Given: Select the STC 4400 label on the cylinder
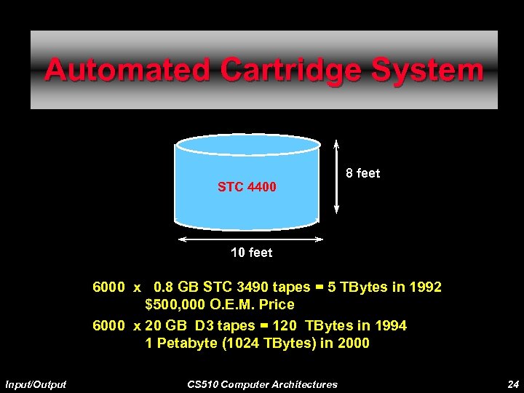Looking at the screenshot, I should (x=247, y=188).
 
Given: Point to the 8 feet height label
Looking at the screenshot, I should (x=362, y=173).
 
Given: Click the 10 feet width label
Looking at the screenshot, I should (x=251, y=253).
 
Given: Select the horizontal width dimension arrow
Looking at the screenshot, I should (x=250, y=239).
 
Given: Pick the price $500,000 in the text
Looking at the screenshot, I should (x=178, y=304).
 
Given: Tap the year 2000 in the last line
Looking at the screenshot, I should (x=354, y=343).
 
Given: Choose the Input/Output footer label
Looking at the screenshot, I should (x=36, y=384).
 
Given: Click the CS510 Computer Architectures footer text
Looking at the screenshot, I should (x=262, y=384).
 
